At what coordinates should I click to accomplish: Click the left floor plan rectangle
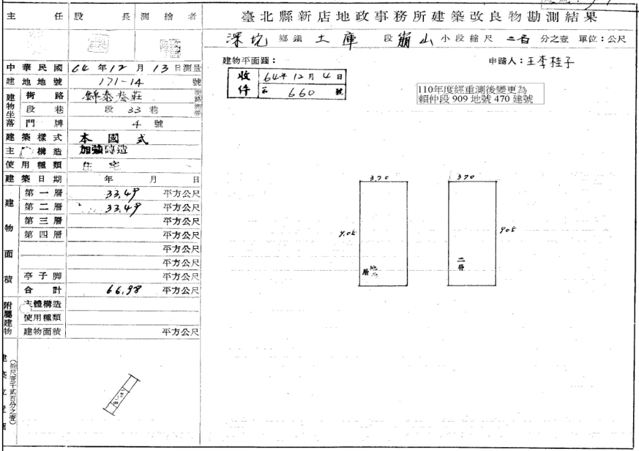(x=383, y=233)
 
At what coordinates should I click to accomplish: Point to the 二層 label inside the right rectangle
(x=462, y=263)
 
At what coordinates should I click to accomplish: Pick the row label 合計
(x=44, y=290)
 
